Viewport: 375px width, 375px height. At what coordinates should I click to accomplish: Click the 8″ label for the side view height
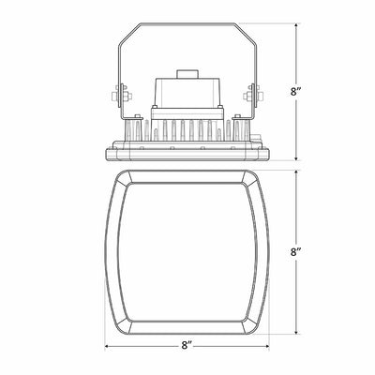[x=295, y=92]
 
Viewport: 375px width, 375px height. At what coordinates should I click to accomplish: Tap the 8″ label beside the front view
[x=295, y=251]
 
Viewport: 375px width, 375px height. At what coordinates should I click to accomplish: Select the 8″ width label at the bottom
[x=187, y=345]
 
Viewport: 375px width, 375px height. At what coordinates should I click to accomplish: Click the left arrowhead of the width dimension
[x=107, y=346]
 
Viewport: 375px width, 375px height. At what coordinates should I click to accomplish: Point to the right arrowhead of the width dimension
[x=266, y=346]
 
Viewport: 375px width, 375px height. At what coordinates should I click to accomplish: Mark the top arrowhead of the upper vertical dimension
[x=296, y=26]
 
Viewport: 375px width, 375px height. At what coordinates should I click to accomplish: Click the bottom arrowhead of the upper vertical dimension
[x=296, y=157]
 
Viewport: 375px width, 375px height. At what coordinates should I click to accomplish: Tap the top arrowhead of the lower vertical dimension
[x=296, y=173]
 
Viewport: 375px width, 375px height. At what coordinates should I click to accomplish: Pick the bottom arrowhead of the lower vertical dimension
[x=296, y=331]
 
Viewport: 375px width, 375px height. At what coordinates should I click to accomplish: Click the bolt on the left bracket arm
[x=121, y=96]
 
